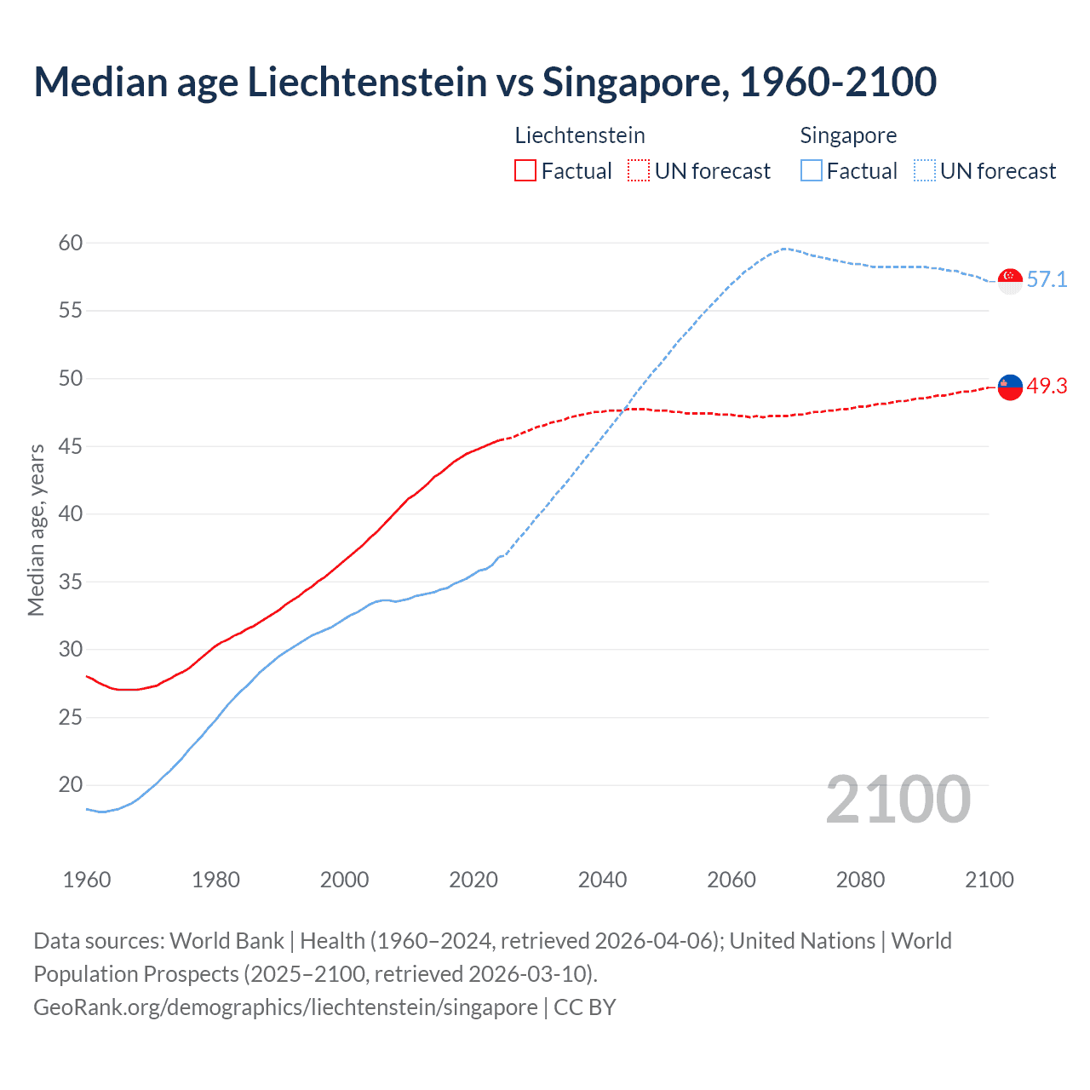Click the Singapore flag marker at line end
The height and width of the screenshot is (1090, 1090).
pyautogui.click(x=1010, y=280)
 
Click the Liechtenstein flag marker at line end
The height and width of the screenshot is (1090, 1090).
pyautogui.click(x=1010, y=387)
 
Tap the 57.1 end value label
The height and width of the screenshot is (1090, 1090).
pyautogui.click(x=1047, y=279)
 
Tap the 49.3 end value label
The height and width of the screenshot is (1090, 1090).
pyautogui.click(x=1047, y=386)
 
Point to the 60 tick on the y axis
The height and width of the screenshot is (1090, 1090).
pyautogui.click(x=71, y=243)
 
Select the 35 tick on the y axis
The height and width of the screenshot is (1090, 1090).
pyautogui.click(x=71, y=582)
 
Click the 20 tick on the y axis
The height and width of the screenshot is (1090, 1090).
pyautogui.click(x=71, y=785)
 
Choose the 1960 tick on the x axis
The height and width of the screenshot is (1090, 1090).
pyautogui.click(x=87, y=880)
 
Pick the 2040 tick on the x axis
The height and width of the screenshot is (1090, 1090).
pyautogui.click(x=602, y=880)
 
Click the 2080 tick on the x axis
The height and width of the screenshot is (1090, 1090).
pyautogui.click(x=860, y=880)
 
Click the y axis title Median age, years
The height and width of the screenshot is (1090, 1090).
pyautogui.click(x=36, y=530)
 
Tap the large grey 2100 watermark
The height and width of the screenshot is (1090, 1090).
pyautogui.click(x=898, y=799)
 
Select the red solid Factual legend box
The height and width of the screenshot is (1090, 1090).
pyautogui.click(x=525, y=171)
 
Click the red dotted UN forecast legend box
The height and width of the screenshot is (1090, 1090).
pyautogui.click(x=639, y=171)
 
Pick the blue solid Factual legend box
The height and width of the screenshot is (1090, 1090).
pyautogui.click(x=812, y=171)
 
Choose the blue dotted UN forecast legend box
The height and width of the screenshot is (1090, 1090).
pyautogui.click(x=925, y=171)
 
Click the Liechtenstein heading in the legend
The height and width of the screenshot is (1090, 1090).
pyautogui.click(x=580, y=135)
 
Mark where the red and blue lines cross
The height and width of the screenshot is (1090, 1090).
pyautogui.click(x=624, y=410)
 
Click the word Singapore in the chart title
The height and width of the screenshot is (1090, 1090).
pyautogui.click(x=634, y=82)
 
